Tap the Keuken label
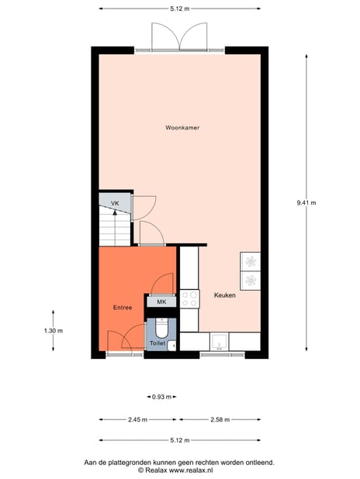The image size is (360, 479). (225, 295)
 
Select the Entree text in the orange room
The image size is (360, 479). (122, 308)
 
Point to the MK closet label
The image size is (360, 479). (161, 302)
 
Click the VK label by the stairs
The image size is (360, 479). (114, 204)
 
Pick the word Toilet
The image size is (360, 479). (157, 342)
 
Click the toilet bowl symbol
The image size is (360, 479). (161, 326)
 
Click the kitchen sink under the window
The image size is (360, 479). (221, 341)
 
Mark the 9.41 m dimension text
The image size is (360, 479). (306, 203)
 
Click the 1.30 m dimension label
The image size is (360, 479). (53, 331)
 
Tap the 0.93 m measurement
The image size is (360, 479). (161, 397)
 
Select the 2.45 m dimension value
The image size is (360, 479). (138, 419)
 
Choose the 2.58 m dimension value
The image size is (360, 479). (220, 419)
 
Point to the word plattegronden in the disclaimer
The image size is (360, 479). (136, 462)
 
